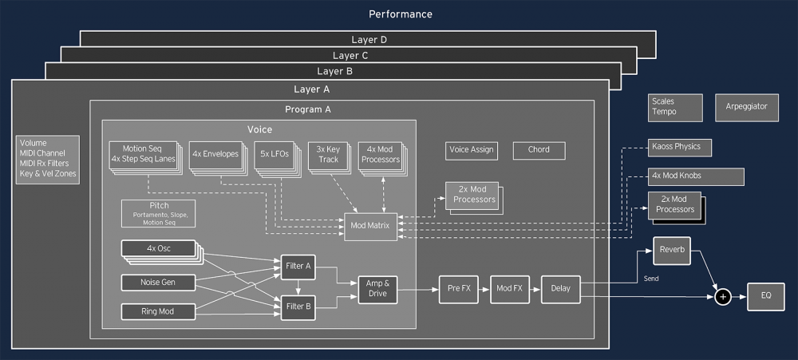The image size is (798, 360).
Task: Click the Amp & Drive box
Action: pos(376,288)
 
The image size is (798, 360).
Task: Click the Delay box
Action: pos(561,289)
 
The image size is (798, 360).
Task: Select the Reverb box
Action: pos(671,250)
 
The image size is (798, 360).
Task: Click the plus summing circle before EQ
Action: pos(723,297)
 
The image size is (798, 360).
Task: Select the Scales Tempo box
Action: pos(675,107)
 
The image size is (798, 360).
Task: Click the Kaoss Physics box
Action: pos(676,148)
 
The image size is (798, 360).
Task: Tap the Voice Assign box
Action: pos(472,149)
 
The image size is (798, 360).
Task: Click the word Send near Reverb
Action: pos(651,279)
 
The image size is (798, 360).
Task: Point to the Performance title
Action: pos(399,14)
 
